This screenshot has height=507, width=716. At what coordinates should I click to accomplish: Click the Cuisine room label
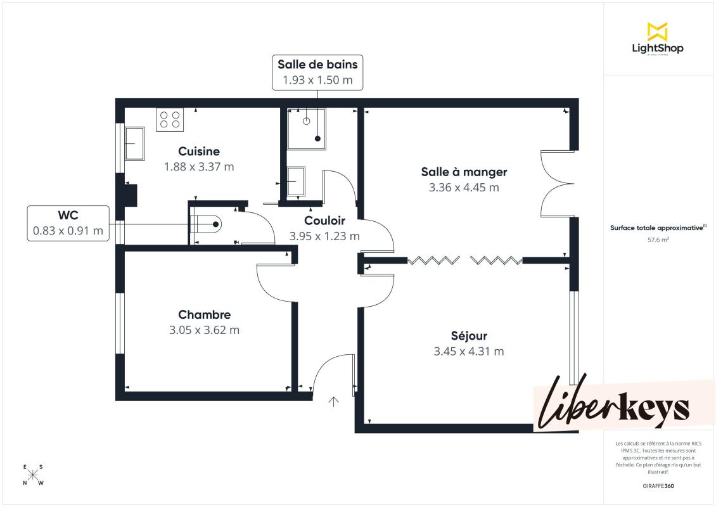(x=198, y=151)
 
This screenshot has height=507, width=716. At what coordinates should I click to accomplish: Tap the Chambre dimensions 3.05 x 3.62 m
(x=204, y=330)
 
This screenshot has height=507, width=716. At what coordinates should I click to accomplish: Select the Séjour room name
(x=469, y=336)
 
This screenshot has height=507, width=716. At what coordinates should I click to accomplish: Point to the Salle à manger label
(x=464, y=172)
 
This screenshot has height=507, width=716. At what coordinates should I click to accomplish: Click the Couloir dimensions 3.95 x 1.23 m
(x=324, y=236)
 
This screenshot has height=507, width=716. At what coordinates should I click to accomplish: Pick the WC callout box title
(x=68, y=215)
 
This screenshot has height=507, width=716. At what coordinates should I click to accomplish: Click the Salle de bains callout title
(x=317, y=65)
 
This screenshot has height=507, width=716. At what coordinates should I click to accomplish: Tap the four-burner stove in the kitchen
(x=170, y=120)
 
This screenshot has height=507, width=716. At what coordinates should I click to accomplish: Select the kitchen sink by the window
(x=135, y=144)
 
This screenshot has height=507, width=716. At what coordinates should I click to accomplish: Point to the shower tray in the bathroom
(x=307, y=129)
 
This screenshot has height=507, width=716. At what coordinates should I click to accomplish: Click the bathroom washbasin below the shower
(x=296, y=182)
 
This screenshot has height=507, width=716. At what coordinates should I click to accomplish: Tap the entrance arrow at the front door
(x=334, y=402)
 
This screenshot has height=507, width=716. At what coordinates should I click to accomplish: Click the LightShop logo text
(x=658, y=48)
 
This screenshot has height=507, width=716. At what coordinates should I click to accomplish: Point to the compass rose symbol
(x=33, y=475)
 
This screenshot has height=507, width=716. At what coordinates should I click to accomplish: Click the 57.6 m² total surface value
(x=658, y=240)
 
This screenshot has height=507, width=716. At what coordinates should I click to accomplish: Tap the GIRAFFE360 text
(x=658, y=486)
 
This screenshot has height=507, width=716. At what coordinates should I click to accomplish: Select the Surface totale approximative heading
(x=658, y=228)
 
